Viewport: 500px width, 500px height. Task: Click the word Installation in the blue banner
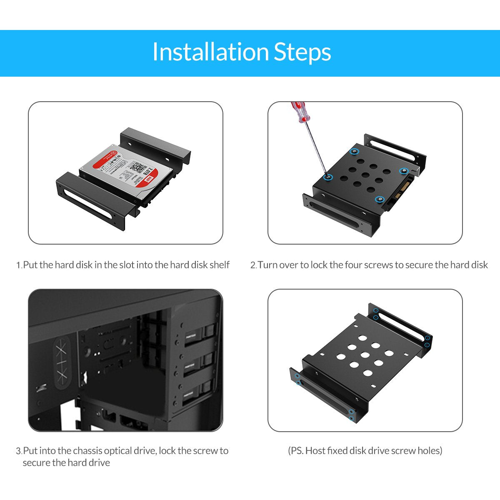210,52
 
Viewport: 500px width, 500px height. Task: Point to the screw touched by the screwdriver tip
329,177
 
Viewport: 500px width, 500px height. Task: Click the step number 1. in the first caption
19,265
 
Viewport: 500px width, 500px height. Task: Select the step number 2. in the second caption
253,265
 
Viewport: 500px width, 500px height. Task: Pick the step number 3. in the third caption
19,451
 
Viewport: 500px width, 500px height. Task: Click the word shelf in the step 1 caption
219,265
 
